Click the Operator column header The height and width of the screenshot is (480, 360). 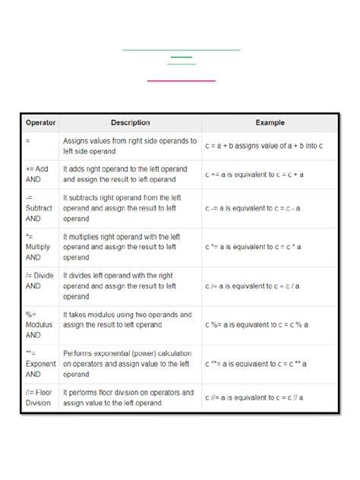40,122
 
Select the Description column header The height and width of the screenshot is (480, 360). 131,122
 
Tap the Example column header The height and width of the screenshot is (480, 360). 270,122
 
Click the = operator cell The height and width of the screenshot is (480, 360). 40,145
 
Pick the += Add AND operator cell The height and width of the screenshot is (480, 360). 40,175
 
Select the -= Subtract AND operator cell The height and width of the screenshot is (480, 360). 40,208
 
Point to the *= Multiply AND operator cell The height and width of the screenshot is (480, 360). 40,247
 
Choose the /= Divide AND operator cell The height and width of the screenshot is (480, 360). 40,286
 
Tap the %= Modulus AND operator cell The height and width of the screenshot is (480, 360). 40,324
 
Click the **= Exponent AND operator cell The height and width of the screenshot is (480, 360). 40,364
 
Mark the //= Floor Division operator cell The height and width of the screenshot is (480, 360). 40,398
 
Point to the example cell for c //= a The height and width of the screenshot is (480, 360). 253,398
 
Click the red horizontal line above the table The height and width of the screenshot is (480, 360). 181,80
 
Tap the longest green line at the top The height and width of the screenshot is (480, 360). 181,50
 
